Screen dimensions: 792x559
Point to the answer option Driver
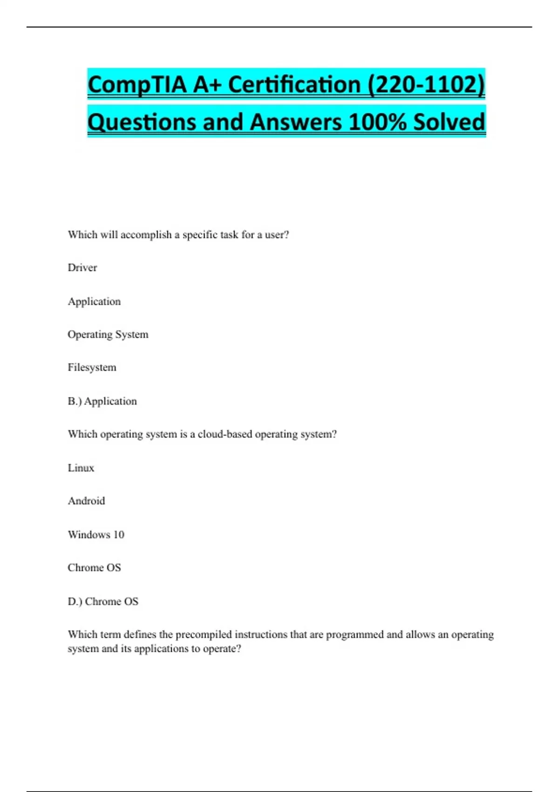[82, 268]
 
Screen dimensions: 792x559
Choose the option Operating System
[108, 335]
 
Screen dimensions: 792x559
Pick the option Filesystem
[92, 368]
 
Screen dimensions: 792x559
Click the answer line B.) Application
[102, 401]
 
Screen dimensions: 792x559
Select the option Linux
[81, 468]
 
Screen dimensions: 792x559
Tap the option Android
[87, 501]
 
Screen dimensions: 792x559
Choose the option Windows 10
[96, 534]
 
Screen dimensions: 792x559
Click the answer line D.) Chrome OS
[103, 601]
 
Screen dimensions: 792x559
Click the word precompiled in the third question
[204, 635]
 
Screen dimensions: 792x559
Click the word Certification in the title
[294, 85]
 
